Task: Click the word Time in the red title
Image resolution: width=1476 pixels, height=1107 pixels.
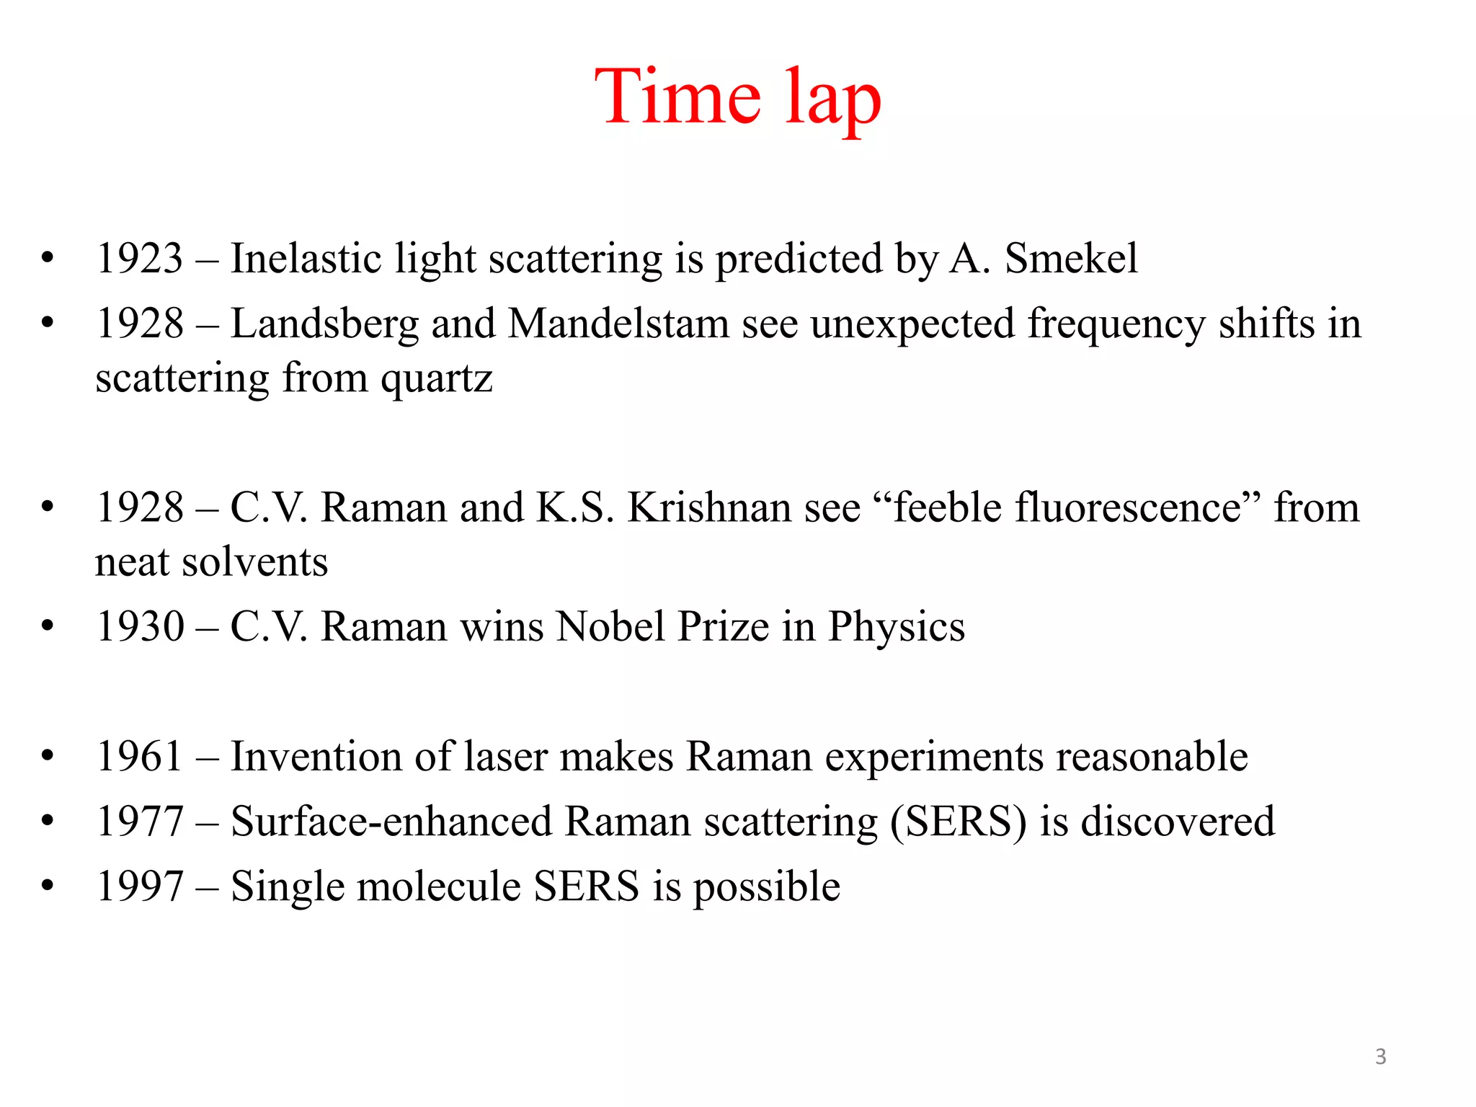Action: pyautogui.click(x=677, y=97)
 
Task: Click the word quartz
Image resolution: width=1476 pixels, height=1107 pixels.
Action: pyautogui.click(x=437, y=378)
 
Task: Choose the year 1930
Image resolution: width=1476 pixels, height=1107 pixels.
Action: pyautogui.click(x=140, y=626)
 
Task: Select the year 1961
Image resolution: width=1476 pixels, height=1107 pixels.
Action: pyautogui.click(x=140, y=757)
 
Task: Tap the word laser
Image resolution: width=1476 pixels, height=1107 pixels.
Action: pyautogui.click(x=505, y=757)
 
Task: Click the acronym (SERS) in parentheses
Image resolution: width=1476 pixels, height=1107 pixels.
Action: pyautogui.click(x=959, y=822)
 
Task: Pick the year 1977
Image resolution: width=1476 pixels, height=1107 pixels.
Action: pyautogui.click(x=140, y=822)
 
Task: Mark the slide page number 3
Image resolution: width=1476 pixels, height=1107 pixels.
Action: pyautogui.click(x=1380, y=1057)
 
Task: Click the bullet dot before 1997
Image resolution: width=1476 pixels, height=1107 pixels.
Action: pyautogui.click(x=48, y=885)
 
